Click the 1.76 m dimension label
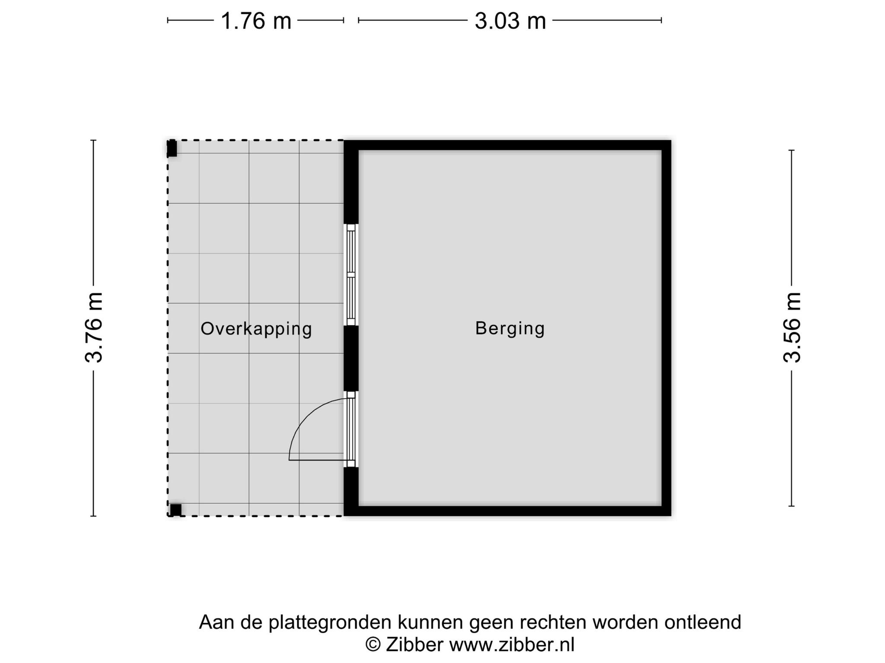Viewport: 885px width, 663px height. point(256,21)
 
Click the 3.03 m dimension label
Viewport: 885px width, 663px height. point(510,21)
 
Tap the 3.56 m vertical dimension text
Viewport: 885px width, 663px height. point(792,327)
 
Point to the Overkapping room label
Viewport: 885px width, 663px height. point(256,329)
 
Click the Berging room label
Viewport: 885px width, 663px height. point(510,328)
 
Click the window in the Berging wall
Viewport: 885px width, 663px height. point(351,275)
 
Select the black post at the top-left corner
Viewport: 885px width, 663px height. point(172,148)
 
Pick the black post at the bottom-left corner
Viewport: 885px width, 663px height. point(175,510)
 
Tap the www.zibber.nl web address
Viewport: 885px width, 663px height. point(512,645)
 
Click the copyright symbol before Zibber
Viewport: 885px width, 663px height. point(373,645)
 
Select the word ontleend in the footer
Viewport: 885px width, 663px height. point(703,622)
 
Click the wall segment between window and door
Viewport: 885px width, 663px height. point(351,359)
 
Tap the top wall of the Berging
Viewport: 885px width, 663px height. point(507,145)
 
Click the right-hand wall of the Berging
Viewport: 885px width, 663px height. point(666,328)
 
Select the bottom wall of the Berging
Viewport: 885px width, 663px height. point(507,511)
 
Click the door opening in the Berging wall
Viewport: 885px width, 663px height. point(351,429)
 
